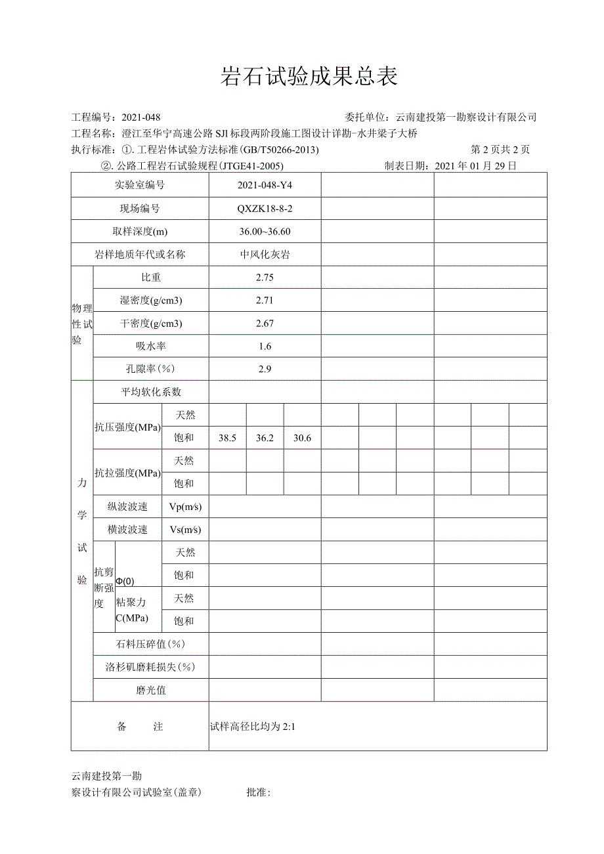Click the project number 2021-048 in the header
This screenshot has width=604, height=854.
point(141,117)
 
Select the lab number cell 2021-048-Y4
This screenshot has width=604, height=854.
point(265,185)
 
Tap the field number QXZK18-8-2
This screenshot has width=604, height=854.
point(265,208)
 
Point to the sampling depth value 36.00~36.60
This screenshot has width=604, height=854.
point(265,231)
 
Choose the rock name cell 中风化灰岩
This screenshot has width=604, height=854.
point(265,254)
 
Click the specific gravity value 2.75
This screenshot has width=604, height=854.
point(265,277)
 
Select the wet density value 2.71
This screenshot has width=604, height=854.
point(265,300)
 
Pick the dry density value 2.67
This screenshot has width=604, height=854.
point(265,323)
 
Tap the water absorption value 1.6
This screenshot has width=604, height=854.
point(265,346)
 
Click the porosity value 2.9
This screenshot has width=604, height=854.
point(265,369)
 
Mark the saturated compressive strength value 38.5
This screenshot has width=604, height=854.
point(227,438)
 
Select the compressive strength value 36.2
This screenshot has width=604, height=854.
point(265,438)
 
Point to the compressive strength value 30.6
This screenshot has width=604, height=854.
point(302,438)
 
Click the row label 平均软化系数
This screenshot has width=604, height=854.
point(151,392)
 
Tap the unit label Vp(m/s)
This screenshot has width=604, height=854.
point(185,507)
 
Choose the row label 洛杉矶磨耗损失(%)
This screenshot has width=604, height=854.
point(151,667)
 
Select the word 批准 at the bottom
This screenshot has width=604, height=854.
point(257,792)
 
